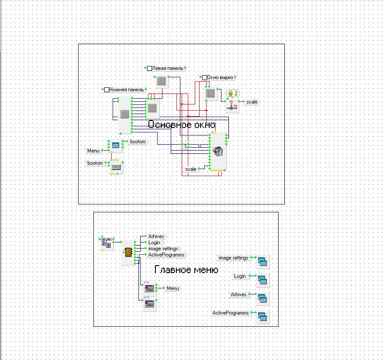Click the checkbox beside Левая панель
tap(149, 69)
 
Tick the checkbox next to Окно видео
tap(204, 78)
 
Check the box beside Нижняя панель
tap(107, 90)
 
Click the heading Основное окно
tap(182, 125)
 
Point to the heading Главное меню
tap(186, 270)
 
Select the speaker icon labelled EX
tap(218, 152)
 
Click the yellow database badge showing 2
tap(233, 93)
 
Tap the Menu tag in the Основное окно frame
tap(93, 151)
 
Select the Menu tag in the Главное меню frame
tap(173, 288)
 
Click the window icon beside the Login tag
tap(262, 280)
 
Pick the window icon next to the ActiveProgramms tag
tap(262, 317)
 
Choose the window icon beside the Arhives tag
tap(262, 298)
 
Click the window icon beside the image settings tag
tap(262, 261)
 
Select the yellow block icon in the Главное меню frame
tap(128, 252)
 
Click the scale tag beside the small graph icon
tap(252, 102)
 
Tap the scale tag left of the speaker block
tap(191, 169)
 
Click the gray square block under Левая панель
tap(161, 81)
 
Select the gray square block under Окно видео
tap(210, 93)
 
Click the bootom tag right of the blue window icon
tap(138, 142)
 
